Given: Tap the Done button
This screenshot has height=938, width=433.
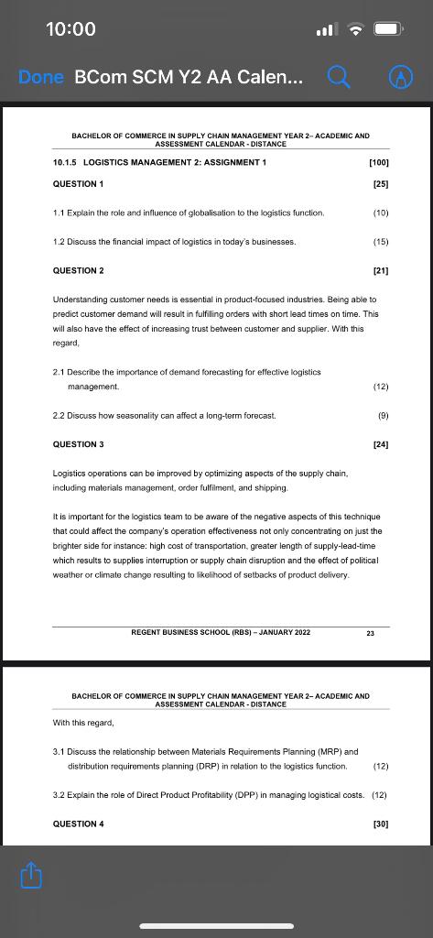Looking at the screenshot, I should [40, 78].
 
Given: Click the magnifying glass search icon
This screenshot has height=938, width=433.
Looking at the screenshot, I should [337, 78].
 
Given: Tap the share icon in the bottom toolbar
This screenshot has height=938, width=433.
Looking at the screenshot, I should [30, 876].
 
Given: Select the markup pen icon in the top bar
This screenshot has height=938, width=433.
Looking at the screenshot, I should [399, 78].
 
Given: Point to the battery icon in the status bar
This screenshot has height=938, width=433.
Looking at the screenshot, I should [388, 28].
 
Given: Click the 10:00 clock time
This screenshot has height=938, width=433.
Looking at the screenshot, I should [70, 28].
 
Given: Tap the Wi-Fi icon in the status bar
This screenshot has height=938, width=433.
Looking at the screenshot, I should [355, 28].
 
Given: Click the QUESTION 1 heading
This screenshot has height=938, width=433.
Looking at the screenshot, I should [78, 184].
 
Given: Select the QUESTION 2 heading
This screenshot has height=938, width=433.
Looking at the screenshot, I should [78, 270].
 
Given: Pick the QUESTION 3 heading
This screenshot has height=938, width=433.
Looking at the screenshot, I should [78, 444].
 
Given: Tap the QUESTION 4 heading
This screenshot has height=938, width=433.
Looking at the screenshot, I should [78, 823].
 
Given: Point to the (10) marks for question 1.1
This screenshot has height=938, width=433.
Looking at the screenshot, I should [381, 213].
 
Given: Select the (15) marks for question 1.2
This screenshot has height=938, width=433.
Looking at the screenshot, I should [381, 242].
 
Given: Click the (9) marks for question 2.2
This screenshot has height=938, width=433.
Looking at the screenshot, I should [383, 415].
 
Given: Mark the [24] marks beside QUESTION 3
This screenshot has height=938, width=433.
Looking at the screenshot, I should [381, 444].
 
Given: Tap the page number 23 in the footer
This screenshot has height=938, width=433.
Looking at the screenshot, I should [370, 633].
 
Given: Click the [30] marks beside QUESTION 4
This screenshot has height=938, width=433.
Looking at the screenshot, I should [381, 823].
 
